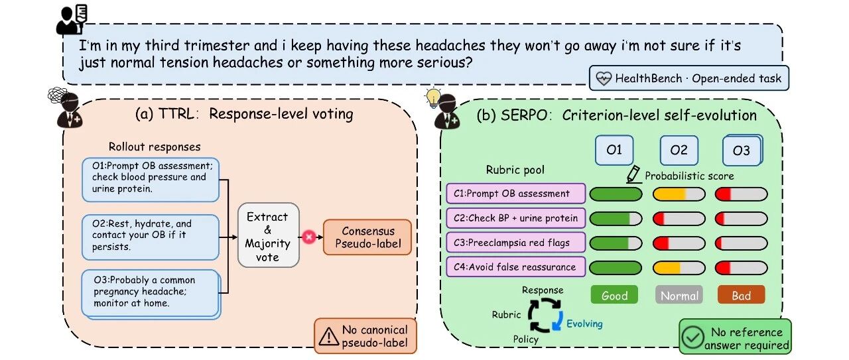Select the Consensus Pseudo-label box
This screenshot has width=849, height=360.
367,237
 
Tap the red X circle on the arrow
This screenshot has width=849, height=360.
309,237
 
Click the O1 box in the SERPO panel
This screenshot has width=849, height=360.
614,150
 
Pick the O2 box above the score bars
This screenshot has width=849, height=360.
679,150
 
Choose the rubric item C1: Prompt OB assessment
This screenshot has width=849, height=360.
515,194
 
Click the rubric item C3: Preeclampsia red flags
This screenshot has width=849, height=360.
515,243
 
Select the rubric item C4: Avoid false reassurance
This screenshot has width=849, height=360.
515,267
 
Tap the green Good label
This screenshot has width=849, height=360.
614,295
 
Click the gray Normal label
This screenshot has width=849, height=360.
679,295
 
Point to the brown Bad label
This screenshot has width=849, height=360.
741,295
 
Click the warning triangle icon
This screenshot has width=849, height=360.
328,337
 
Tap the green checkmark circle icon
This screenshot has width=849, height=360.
692,337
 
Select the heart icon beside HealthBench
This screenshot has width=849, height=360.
604,78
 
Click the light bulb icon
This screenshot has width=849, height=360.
433,97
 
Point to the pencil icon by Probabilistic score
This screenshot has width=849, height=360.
633,174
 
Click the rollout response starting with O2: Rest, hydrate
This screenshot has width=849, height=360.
151,237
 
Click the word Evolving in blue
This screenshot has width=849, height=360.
584,324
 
